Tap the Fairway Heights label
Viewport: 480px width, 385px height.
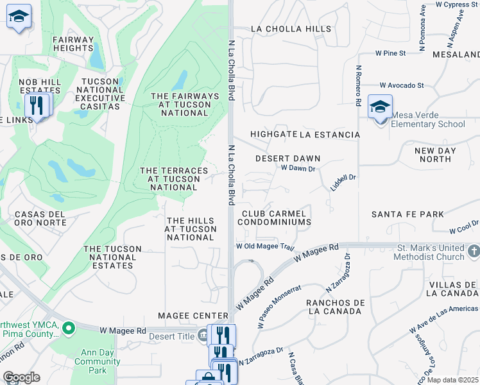click(73, 44)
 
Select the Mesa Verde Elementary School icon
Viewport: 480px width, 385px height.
click(380, 107)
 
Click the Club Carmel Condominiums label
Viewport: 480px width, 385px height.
click(274, 218)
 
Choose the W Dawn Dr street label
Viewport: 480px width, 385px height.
click(298, 169)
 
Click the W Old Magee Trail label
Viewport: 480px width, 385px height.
click(264, 246)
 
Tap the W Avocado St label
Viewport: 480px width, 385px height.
click(401, 85)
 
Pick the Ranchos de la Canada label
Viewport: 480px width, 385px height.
click(335, 307)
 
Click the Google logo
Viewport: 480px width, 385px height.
click(21, 377)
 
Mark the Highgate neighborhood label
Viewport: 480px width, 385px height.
click(273, 135)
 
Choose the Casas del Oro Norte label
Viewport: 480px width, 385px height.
click(40, 218)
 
